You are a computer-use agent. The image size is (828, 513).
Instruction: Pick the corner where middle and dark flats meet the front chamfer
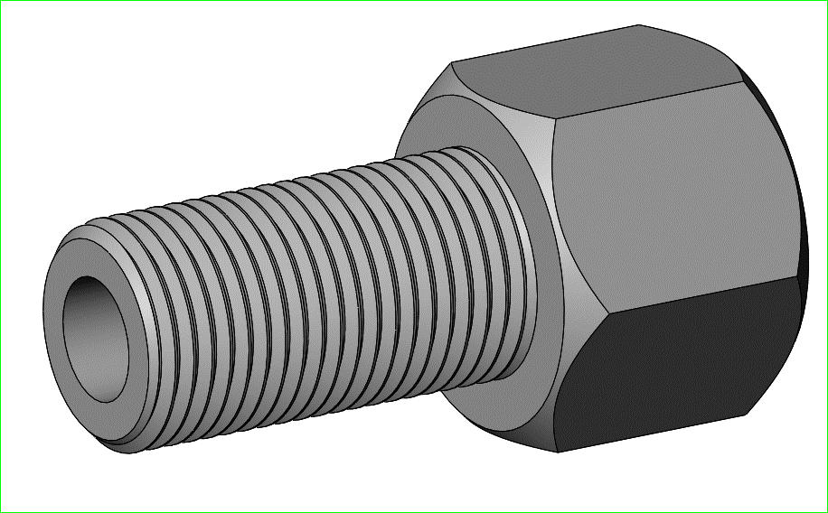[578, 312]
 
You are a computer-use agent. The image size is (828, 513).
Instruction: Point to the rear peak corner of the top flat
[640, 25]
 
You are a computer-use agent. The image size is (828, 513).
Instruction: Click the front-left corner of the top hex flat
[451, 64]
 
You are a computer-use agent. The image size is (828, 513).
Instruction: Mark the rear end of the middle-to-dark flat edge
[804, 276]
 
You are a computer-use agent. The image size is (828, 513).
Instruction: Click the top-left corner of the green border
[1, 1]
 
